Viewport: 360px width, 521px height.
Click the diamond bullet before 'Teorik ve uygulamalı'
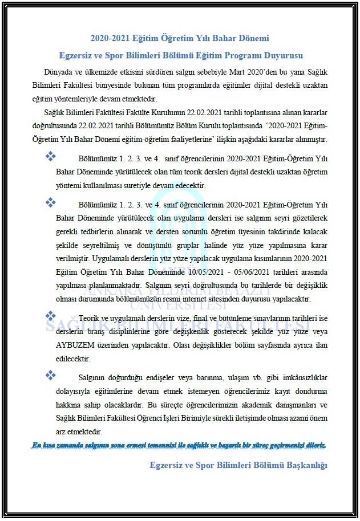[x=50, y=315]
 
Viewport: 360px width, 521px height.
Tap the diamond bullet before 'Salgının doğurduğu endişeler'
[x=50, y=375]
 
